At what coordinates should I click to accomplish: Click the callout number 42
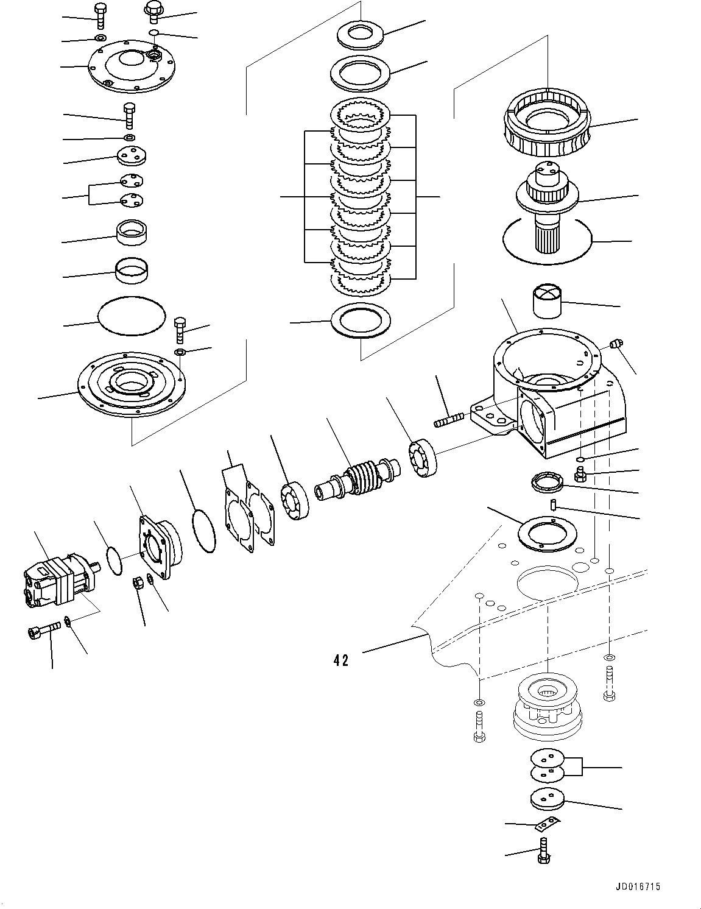(341, 660)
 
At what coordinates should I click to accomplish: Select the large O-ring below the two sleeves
(132, 316)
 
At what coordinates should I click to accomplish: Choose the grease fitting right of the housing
(616, 345)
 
